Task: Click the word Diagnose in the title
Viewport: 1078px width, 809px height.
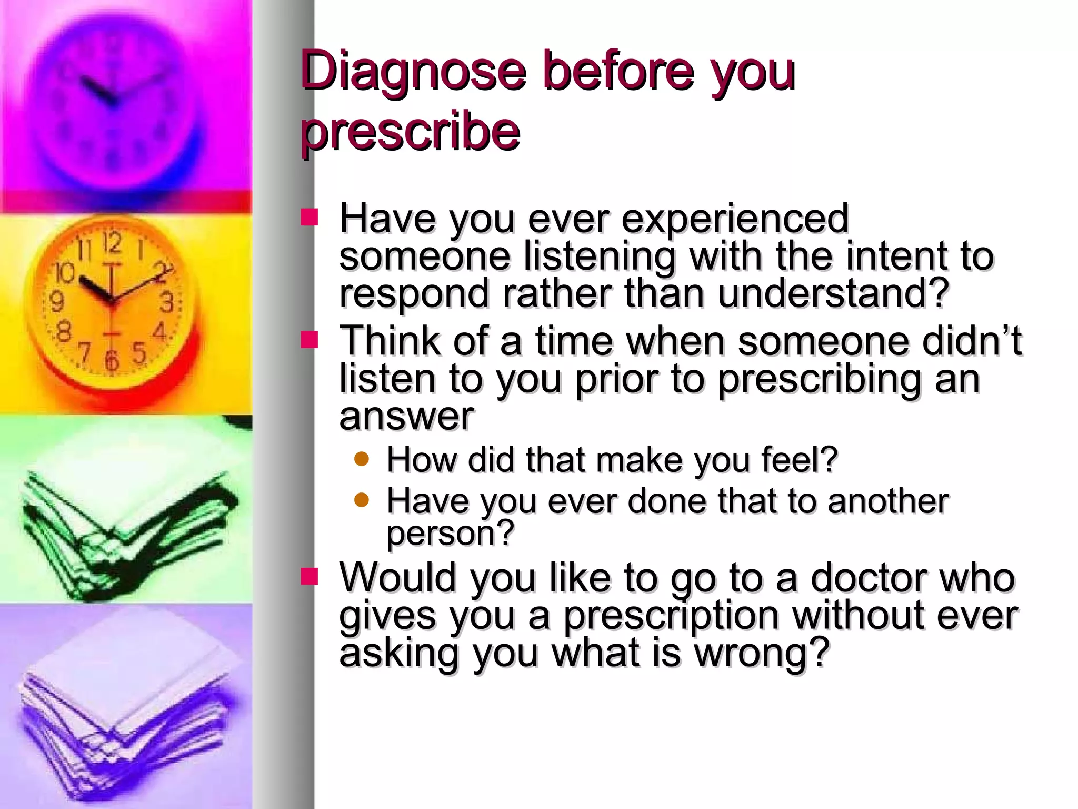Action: click(x=413, y=71)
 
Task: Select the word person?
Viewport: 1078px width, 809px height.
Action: click(x=450, y=533)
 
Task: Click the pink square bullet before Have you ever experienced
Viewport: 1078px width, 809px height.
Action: click(x=309, y=217)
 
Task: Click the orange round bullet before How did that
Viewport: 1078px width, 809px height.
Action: click(x=362, y=459)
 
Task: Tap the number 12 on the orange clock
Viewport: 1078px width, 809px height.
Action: click(x=112, y=243)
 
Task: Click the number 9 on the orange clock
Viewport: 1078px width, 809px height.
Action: click(x=56, y=302)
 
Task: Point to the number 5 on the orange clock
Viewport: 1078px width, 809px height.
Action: click(x=138, y=352)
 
